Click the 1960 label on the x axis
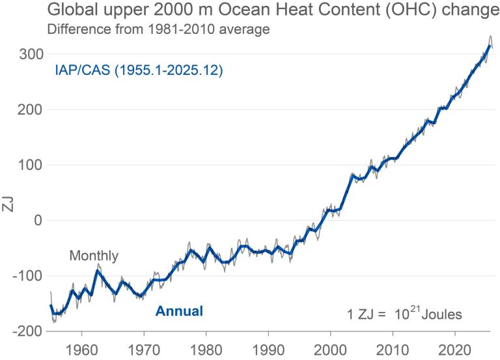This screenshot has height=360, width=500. [82, 349]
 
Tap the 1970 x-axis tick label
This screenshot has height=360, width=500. [144, 349]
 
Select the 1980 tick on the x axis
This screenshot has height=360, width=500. [206, 349]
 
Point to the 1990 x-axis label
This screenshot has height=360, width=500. [268, 349]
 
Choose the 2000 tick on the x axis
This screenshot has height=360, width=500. [330, 349]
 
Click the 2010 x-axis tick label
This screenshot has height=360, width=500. [392, 349]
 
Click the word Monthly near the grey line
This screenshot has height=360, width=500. [94, 256]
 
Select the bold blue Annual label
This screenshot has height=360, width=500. [179, 311]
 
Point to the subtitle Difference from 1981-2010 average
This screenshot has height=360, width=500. [148, 29]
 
